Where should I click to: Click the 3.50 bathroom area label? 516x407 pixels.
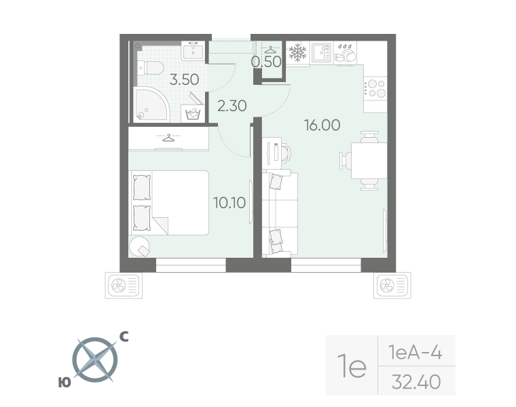(x=184, y=79)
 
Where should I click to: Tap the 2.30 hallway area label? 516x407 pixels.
(x=232, y=105)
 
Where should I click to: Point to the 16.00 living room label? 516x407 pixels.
(x=322, y=125)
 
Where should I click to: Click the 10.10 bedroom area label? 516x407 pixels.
(x=229, y=201)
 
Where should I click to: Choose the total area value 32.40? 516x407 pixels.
(x=416, y=382)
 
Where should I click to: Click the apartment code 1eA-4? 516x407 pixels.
(x=416, y=353)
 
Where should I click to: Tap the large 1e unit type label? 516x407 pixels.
(x=352, y=367)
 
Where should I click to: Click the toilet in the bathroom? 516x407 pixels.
(x=150, y=68)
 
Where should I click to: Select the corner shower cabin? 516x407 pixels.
(x=150, y=104)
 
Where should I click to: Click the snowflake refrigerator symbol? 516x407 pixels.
(x=297, y=52)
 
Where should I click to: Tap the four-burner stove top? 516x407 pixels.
(x=375, y=89)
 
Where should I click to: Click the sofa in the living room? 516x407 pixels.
(x=280, y=210)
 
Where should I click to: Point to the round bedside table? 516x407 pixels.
(x=141, y=246)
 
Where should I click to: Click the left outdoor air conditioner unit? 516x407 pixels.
(x=123, y=286)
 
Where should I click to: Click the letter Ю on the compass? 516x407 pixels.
(x=64, y=383)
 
